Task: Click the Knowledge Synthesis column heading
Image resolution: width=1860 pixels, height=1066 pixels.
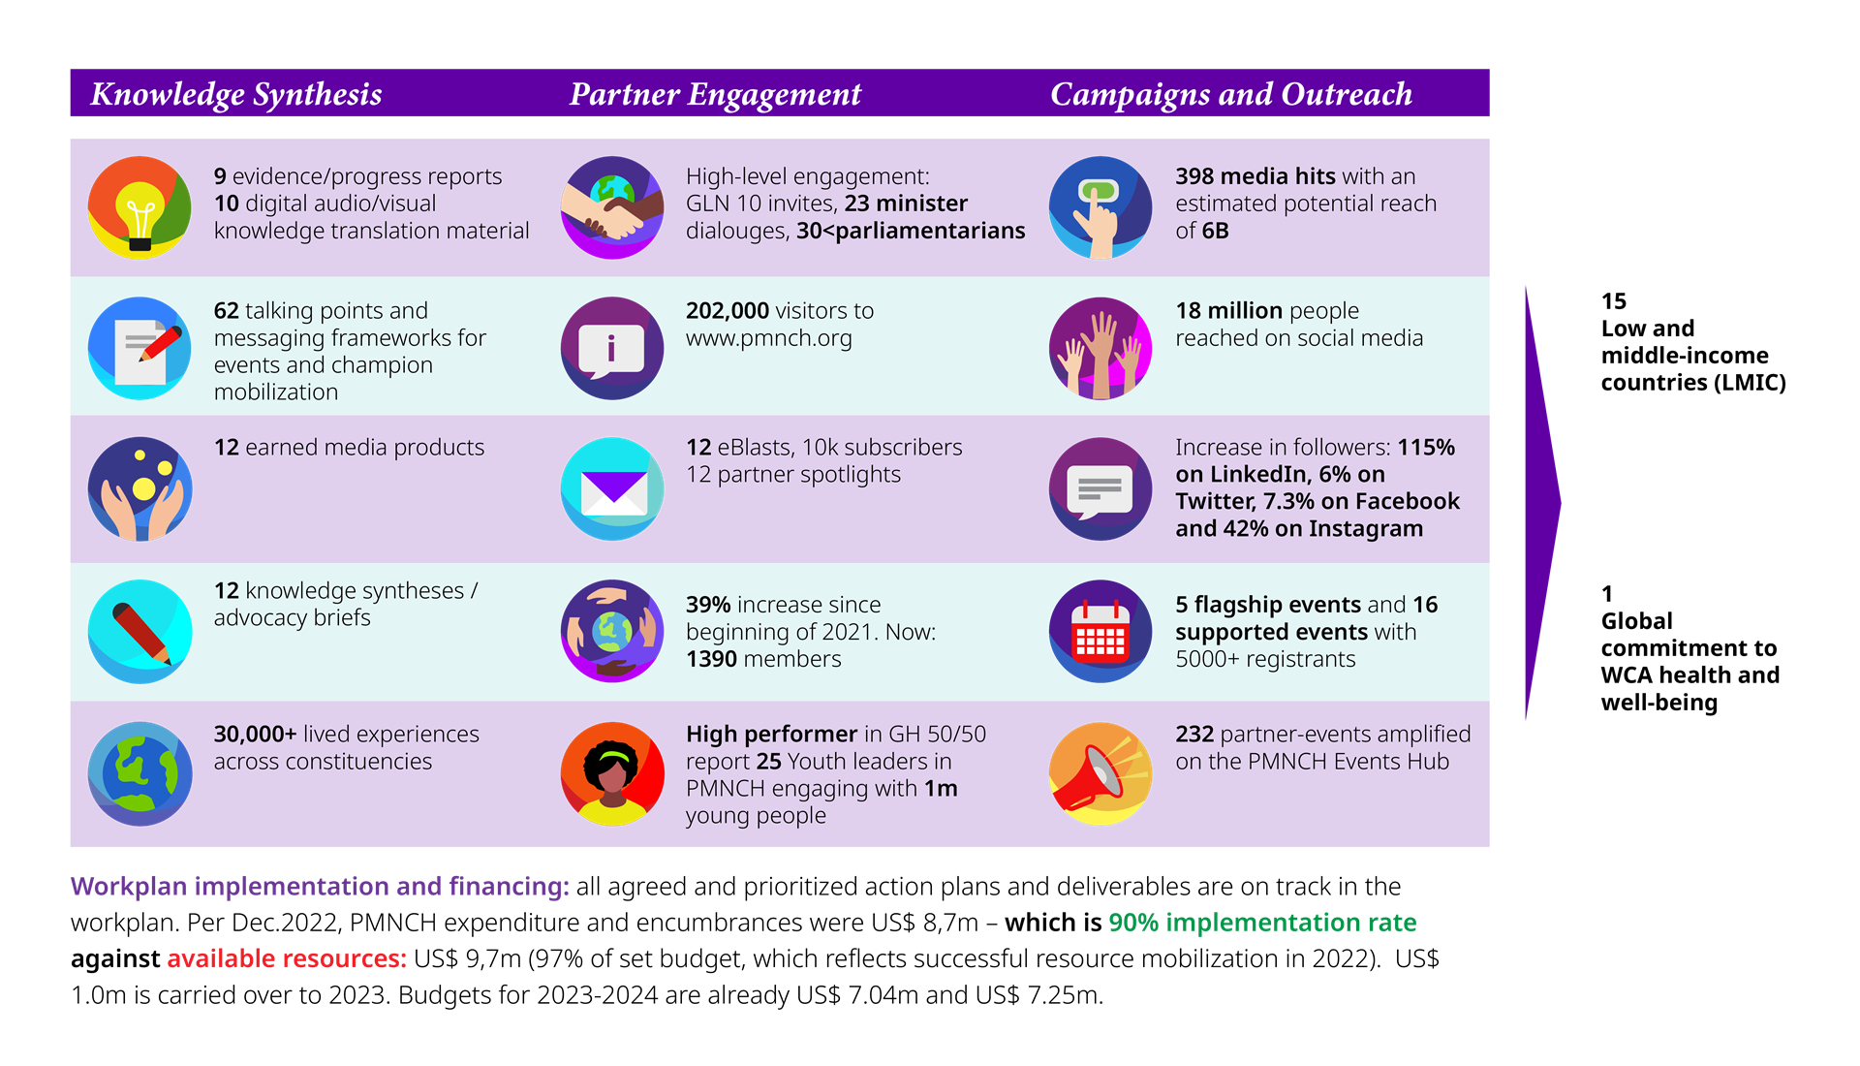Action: [236, 94]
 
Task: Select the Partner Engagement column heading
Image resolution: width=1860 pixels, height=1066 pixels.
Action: [715, 94]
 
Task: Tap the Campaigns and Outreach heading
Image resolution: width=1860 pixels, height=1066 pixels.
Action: [1230, 94]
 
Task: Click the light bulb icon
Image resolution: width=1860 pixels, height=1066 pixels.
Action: [139, 207]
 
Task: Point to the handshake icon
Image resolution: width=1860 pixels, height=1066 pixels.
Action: [612, 207]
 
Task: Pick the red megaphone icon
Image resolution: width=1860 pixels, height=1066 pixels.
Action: [1100, 773]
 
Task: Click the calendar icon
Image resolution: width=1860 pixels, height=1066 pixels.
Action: [1100, 632]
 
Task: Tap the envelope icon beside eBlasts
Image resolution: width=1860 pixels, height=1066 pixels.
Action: [612, 489]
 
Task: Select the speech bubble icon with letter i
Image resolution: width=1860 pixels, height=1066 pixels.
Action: [612, 348]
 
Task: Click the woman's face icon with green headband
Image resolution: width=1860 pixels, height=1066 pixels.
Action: [612, 773]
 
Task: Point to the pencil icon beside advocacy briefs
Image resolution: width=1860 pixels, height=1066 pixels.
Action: [139, 632]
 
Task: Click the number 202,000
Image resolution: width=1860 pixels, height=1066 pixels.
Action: [727, 311]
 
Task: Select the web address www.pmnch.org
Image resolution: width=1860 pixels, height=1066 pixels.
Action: [768, 338]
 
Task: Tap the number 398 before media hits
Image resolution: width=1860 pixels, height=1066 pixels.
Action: [1193, 176]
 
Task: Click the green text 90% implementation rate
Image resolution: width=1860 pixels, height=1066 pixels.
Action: [1261, 923]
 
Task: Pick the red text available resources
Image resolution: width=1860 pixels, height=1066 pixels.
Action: [286, 959]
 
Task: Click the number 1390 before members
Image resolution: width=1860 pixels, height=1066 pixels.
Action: [711, 660]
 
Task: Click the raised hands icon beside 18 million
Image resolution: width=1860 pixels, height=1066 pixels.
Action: [1100, 348]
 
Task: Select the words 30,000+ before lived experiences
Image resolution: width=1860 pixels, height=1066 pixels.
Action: [255, 735]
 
